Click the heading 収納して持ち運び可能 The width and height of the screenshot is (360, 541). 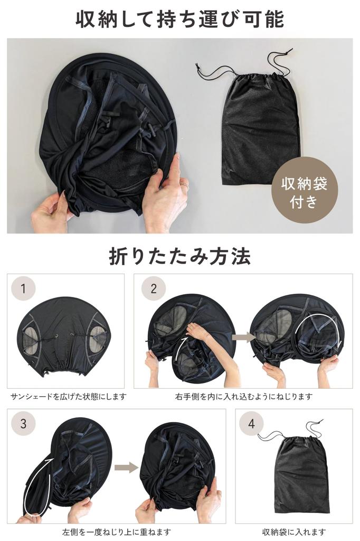[x=179, y=20]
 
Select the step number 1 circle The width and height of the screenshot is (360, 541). [x=23, y=288]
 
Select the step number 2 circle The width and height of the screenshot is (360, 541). [x=154, y=288]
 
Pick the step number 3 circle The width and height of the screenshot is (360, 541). [x=23, y=424]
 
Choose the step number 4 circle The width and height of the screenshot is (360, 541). [x=251, y=424]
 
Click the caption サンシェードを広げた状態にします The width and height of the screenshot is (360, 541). [x=69, y=396]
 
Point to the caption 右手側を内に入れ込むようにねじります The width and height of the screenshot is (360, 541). [x=243, y=396]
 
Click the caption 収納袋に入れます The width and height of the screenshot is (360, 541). [x=294, y=531]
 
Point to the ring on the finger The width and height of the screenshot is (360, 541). [x=183, y=185]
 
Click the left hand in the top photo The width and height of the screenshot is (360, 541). [x=50, y=211]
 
